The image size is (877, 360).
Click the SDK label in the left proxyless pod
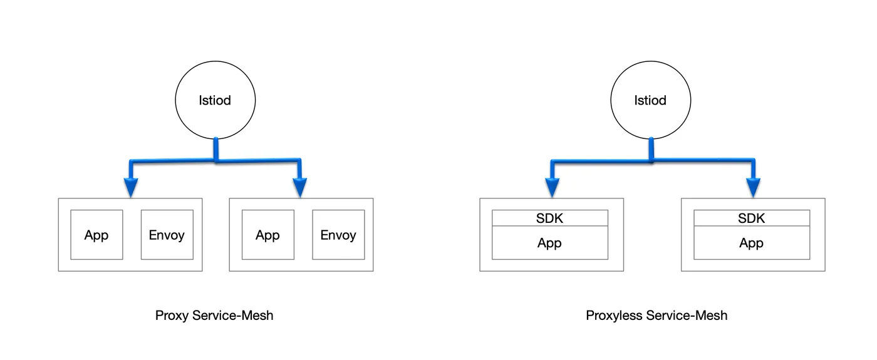[x=550, y=219]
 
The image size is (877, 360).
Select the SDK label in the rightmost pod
[x=752, y=219]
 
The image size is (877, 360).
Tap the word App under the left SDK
[x=550, y=244]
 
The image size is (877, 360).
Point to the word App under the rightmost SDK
[x=752, y=244]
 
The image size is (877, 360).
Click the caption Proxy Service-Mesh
[x=214, y=316]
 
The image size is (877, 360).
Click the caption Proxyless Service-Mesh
[x=656, y=316]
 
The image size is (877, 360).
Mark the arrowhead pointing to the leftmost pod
[x=131, y=187]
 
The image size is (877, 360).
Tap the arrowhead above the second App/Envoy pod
[x=300, y=187]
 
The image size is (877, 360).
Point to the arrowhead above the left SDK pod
[x=552, y=187]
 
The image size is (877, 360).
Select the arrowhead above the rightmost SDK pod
[x=753, y=187]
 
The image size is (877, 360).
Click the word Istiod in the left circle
[x=215, y=100]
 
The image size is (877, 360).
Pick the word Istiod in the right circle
[x=650, y=100]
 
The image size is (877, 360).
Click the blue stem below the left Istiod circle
[x=215, y=149]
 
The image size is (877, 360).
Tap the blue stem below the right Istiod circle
[x=651, y=149]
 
